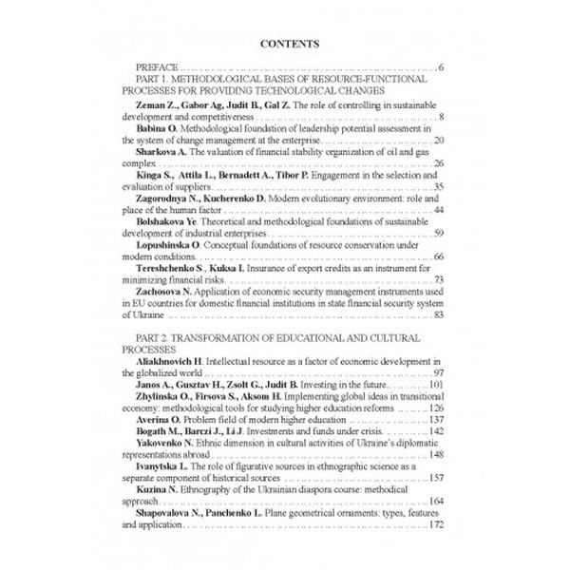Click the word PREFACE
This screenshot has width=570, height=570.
[x=158, y=69]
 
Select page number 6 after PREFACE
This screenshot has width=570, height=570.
[x=442, y=69]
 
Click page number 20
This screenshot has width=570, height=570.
[x=439, y=140]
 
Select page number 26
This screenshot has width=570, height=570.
[x=439, y=163]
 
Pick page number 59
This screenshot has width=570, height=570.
[x=439, y=234]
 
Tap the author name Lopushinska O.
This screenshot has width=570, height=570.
[x=176, y=245]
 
